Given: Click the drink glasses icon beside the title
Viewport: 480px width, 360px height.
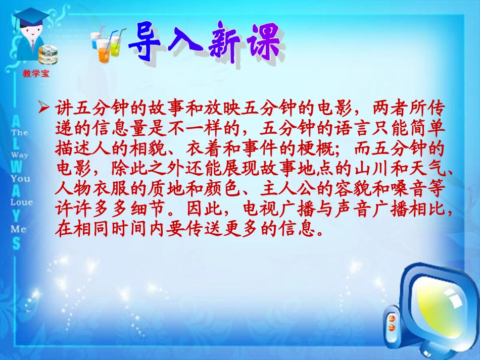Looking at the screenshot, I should (x=107, y=44).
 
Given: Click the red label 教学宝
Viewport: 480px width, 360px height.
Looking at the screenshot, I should (x=36, y=73).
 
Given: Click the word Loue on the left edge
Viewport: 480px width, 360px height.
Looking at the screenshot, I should (x=22, y=202).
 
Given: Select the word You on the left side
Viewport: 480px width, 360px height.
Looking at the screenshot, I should (x=20, y=178).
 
